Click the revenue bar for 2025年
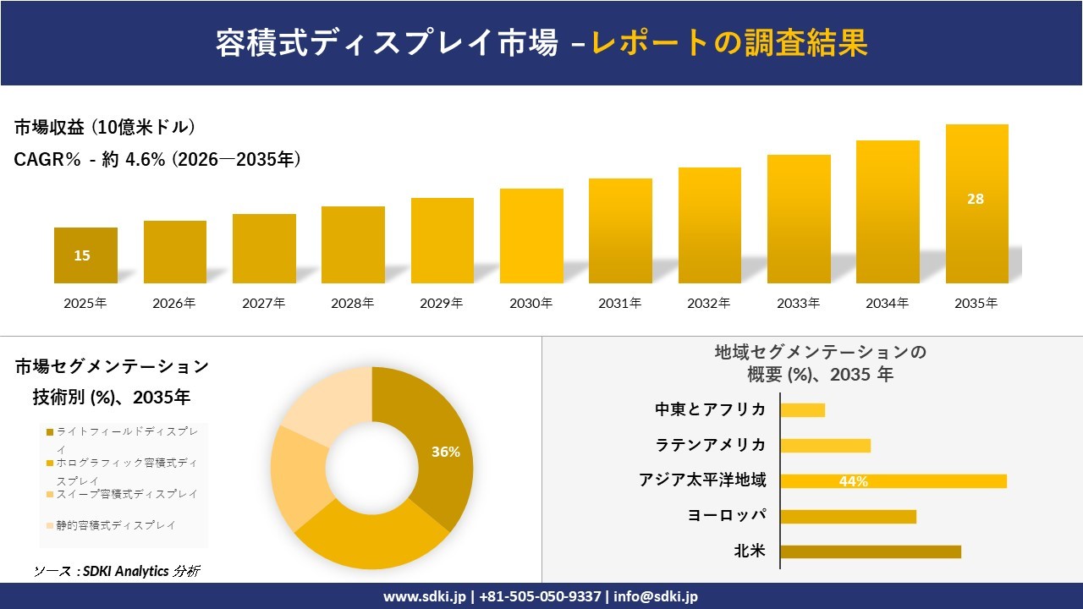85,255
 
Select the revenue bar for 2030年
531,236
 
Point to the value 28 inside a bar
976,200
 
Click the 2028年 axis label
353,304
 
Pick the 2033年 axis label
799,304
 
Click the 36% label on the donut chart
446,453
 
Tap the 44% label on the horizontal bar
854,481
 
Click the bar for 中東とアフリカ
802,410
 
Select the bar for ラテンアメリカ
825,446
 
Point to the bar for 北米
871,551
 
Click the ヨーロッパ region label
727,516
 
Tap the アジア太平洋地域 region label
702,480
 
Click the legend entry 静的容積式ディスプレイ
116,525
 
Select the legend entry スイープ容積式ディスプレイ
127,494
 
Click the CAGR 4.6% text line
157,159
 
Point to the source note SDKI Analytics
118,571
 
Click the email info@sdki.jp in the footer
656,596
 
